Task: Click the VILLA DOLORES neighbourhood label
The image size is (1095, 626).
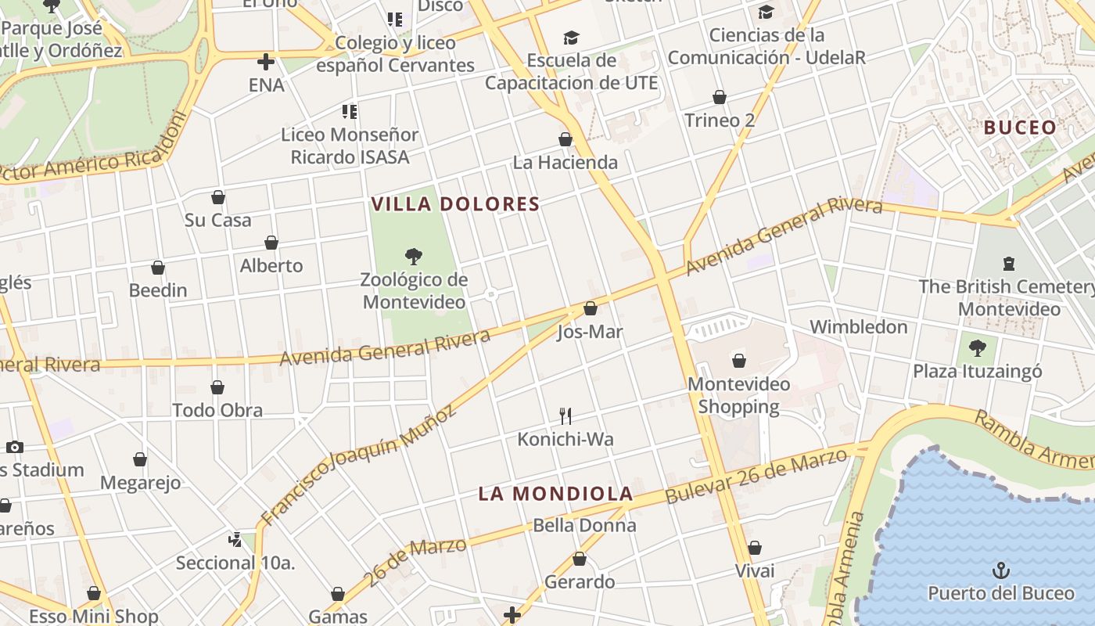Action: click(455, 205)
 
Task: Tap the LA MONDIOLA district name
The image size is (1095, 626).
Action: click(555, 494)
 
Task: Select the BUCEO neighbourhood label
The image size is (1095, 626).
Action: click(1020, 128)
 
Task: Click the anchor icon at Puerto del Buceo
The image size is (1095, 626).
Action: click(1001, 570)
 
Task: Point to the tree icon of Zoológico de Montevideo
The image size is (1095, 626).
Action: click(414, 256)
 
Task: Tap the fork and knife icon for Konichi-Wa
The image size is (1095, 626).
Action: click(565, 416)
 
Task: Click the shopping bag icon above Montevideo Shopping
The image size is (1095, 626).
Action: click(738, 361)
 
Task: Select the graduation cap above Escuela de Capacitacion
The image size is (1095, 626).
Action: click(572, 38)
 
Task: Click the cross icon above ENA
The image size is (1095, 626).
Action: click(266, 61)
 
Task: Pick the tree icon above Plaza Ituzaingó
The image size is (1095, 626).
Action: click(977, 347)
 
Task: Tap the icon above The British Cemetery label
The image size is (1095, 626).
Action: click(1008, 263)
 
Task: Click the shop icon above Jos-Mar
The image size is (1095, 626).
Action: click(591, 308)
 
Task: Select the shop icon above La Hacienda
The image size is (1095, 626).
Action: click(565, 139)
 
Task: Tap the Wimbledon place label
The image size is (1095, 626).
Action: click(858, 326)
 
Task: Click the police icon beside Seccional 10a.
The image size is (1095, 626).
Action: click(235, 539)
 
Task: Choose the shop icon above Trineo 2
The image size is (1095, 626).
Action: click(720, 97)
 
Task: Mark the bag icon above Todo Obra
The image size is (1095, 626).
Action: click(217, 387)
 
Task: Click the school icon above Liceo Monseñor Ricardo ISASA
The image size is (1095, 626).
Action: click(350, 112)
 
